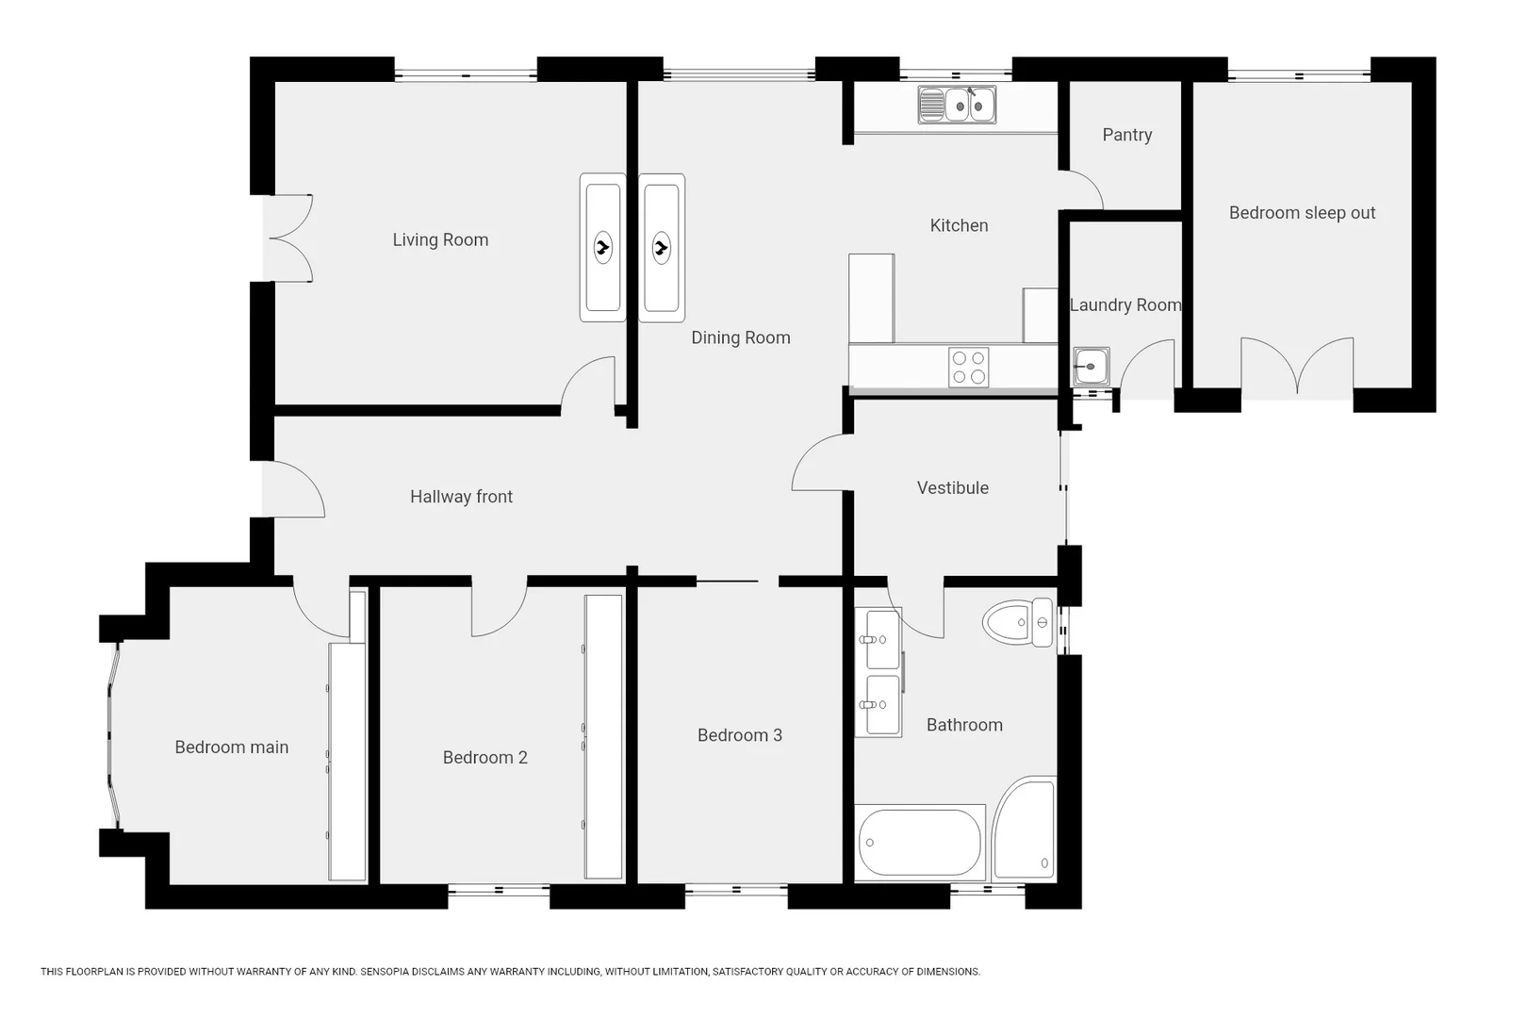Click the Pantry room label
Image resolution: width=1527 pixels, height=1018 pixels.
click(x=1126, y=135)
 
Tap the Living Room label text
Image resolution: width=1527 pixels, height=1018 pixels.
click(x=440, y=240)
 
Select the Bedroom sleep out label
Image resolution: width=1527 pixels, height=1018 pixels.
click(x=1302, y=213)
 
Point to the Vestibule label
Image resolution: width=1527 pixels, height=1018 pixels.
click(x=952, y=488)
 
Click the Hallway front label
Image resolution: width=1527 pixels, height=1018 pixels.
click(x=461, y=497)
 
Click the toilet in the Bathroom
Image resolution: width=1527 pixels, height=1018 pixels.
click(x=1018, y=622)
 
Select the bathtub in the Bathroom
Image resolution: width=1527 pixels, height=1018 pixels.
click(x=920, y=843)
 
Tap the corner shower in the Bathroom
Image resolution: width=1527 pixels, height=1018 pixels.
click(x=1024, y=829)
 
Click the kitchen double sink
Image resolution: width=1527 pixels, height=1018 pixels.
click(x=957, y=105)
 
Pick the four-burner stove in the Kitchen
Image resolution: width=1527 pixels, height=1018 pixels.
click(x=969, y=367)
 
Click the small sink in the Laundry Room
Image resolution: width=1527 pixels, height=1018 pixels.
click(x=1092, y=367)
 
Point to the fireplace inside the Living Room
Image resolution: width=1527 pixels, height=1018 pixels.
click(x=602, y=248)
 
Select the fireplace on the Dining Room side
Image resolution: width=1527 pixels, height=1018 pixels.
click(x=662, y=248)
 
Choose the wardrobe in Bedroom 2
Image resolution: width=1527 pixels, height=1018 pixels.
click(x=603, y=737)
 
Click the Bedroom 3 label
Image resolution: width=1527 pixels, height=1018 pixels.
click(x=740, y=735)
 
